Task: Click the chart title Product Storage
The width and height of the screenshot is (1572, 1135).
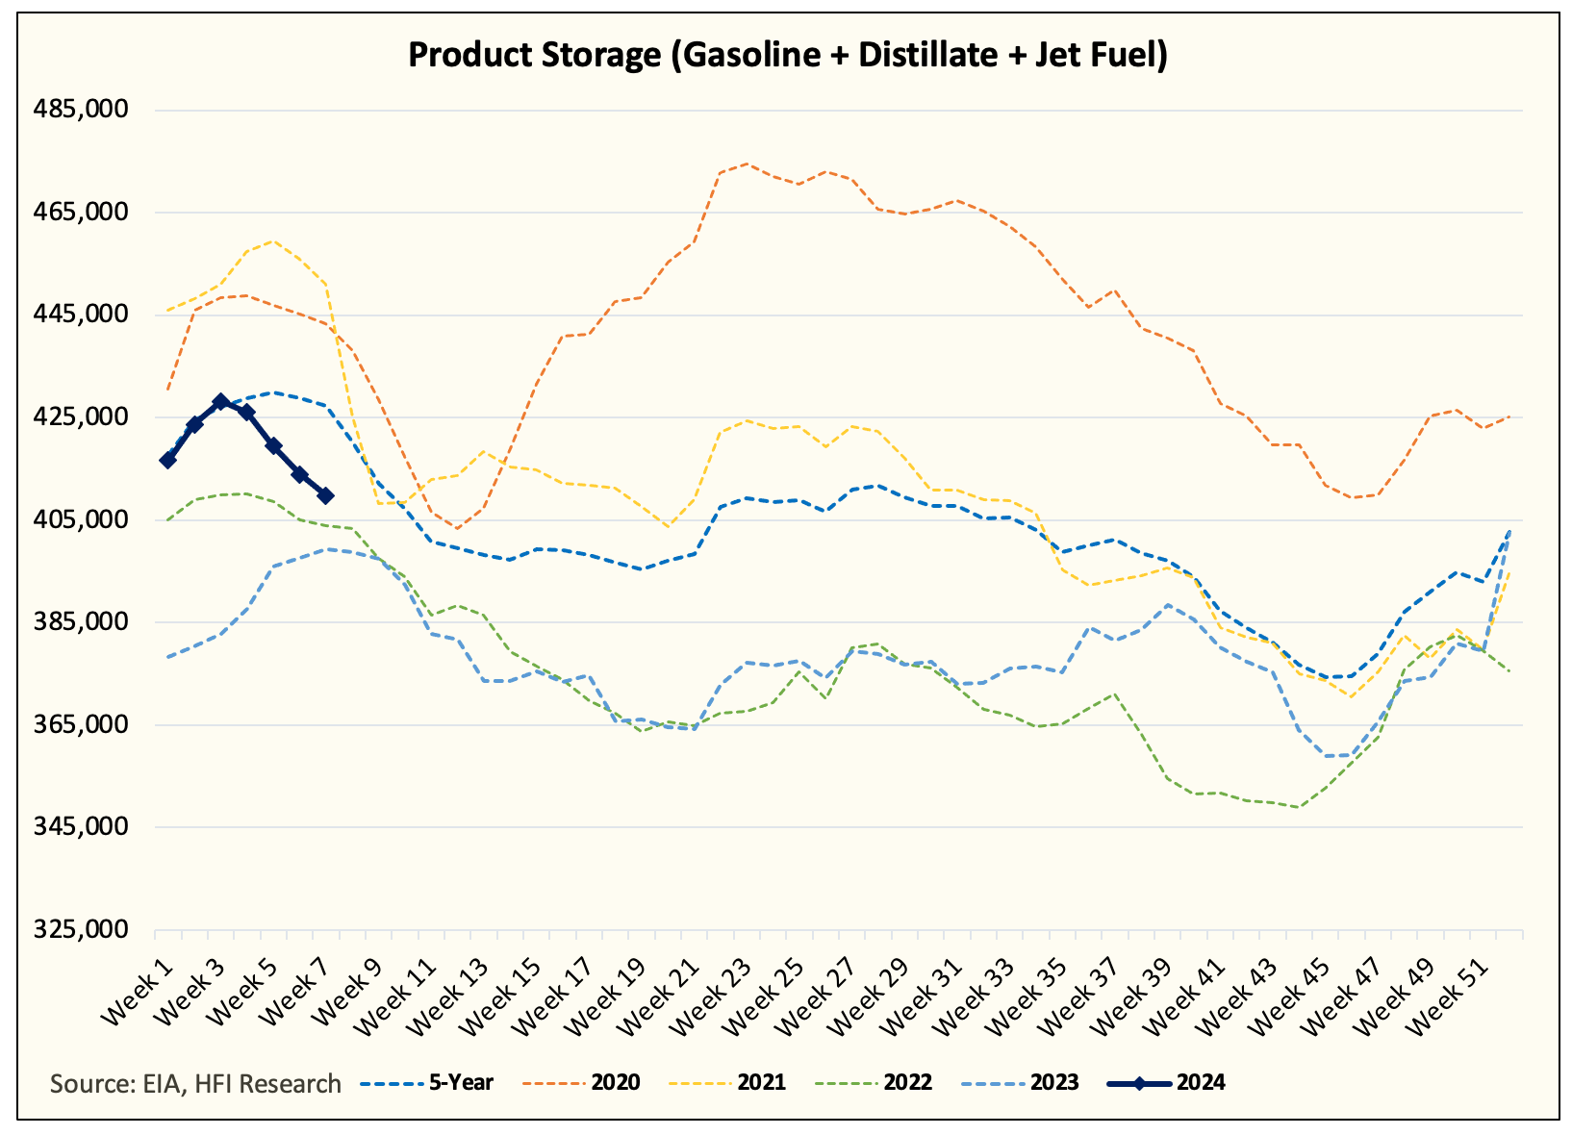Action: (787, 55)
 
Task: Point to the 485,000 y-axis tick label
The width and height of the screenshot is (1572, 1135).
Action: (81, 110)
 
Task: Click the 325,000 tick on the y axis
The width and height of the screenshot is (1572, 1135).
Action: (81, 930)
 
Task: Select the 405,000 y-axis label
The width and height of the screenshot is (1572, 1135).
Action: (81, 520)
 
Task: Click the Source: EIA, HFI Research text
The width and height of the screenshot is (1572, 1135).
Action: (195, 1084)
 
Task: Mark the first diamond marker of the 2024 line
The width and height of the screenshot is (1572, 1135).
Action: (168, 460)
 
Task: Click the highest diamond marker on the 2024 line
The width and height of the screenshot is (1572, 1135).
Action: (220, 401)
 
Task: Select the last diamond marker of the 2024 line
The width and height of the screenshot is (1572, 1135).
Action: (325, 495)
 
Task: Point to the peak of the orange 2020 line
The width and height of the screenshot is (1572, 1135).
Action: (747, 164)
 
